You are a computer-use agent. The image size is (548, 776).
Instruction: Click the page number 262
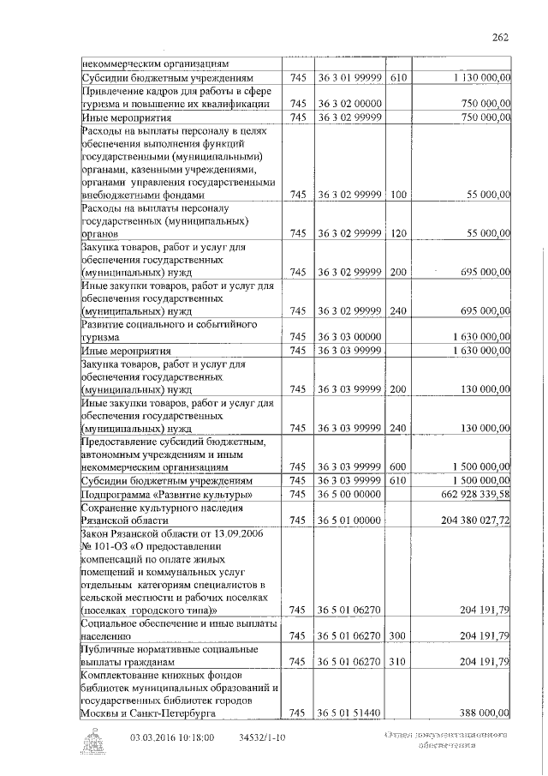501,36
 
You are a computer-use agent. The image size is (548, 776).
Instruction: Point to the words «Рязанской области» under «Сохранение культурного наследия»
125,520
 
